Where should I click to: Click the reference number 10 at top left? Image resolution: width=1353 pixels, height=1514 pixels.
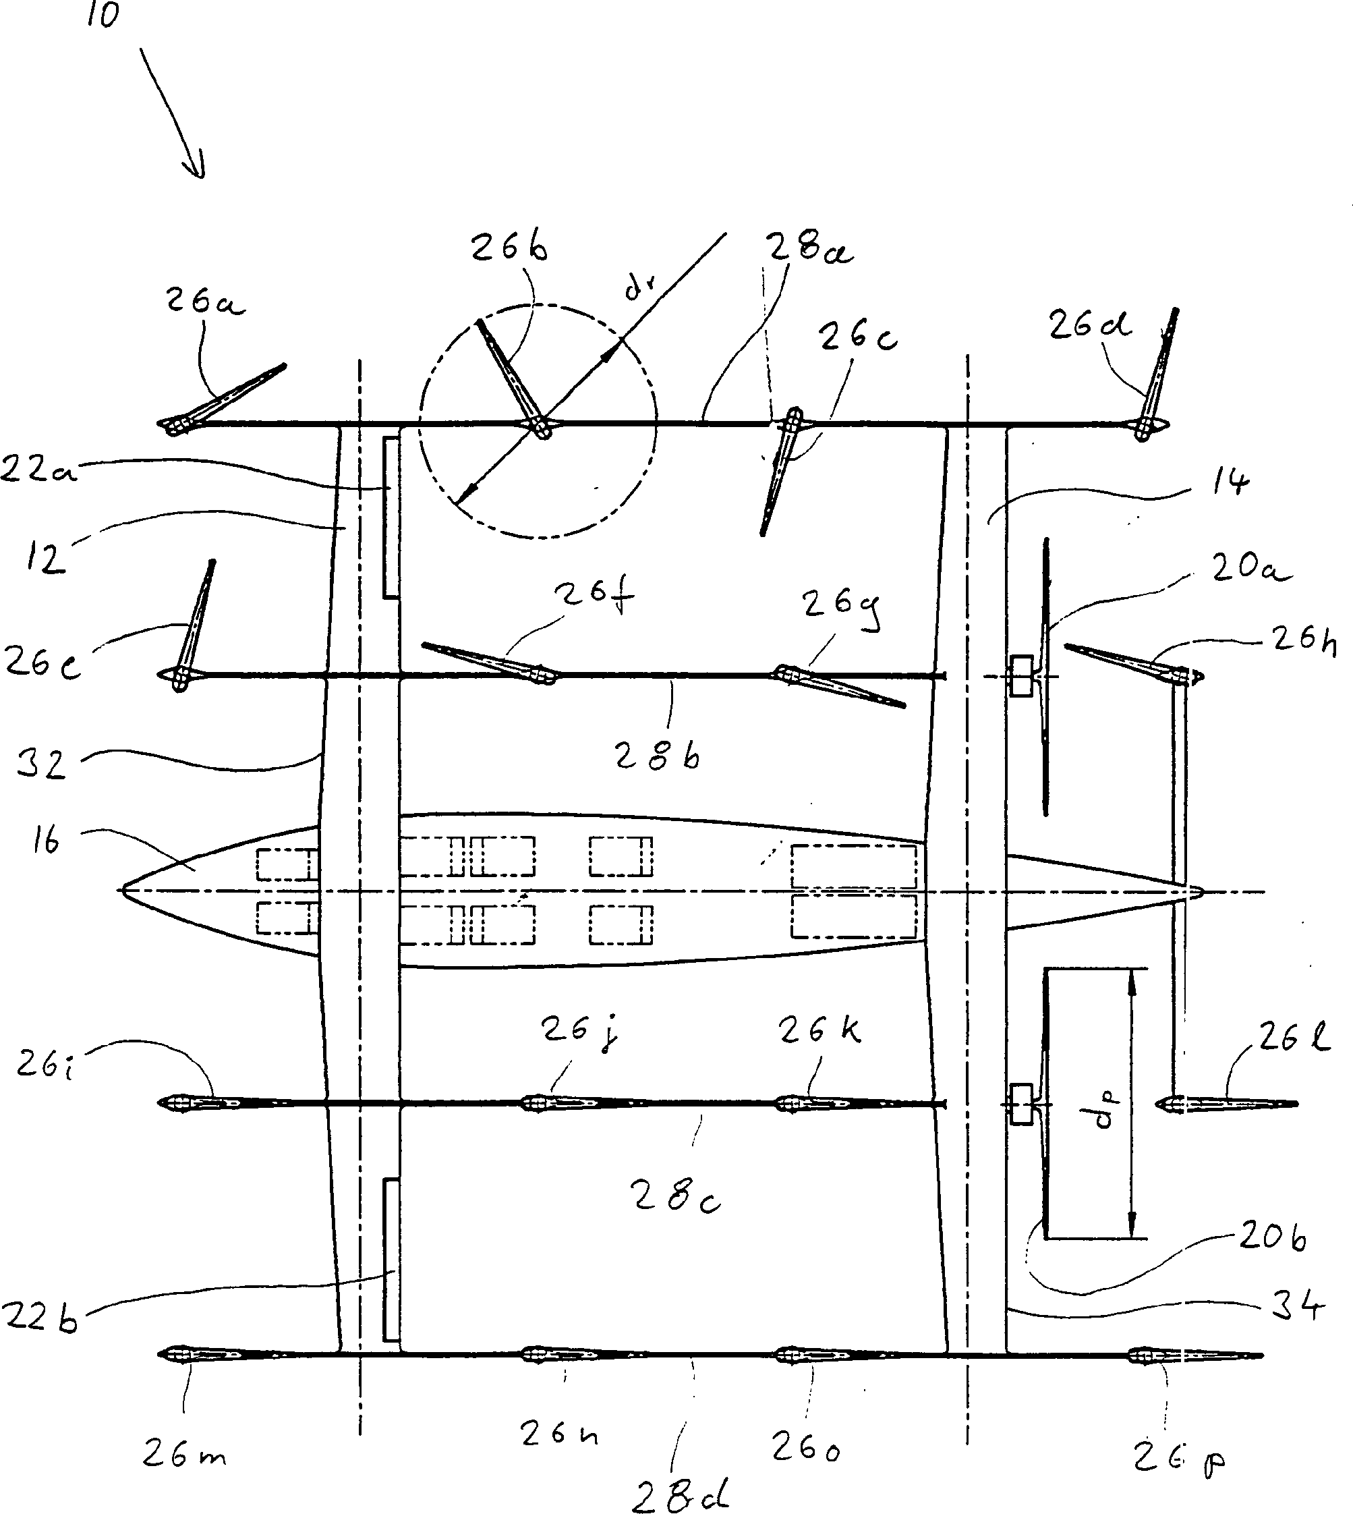[x=103, y=14]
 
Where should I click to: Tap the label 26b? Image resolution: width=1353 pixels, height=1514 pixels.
[x=509, y=248]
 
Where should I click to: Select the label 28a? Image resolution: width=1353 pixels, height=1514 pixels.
[x=809, y=248]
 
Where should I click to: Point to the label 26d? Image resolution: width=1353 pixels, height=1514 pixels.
[x=1089, y=325]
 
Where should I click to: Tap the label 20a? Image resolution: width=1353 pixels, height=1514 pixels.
[x=1250, y=569]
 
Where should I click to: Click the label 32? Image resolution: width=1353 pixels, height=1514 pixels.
[x=42, y=764]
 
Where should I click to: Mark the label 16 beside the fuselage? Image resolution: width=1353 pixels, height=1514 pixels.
[x=46, y=842]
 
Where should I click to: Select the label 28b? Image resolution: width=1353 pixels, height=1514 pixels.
[x=657, y=756]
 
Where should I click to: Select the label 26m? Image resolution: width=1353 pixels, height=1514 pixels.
[x=183, y=1453]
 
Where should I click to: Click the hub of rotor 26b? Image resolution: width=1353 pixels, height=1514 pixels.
[x=542, y=427]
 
